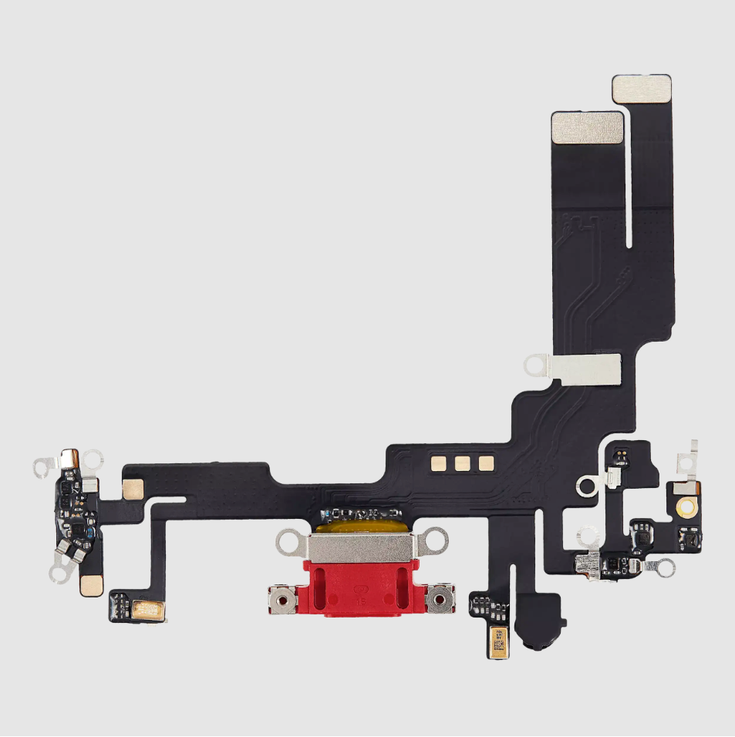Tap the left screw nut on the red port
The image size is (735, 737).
tap(283, 597)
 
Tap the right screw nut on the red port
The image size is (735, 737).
tap(440, 597)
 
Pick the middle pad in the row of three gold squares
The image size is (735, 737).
tap(463, 463)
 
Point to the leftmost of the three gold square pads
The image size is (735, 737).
tap(440, 463)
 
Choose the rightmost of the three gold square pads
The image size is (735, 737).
tap(486, 463)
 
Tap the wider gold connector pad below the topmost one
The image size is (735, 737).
tap(587, 126)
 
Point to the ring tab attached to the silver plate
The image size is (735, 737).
tap(534, 365)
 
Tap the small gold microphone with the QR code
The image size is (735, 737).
tap(497, 642)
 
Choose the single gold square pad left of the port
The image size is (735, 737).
tap(133, 488)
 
